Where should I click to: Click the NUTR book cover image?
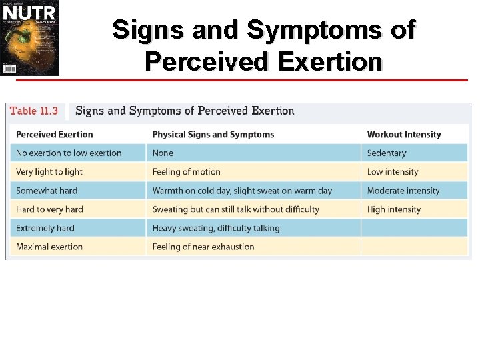pos(30,38)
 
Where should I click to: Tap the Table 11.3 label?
pos(34,111)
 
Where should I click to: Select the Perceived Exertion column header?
pos(55,134)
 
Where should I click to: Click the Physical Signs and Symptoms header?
pos(213,134)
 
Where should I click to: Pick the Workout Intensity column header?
pos(404,134)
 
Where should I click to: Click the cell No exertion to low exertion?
pos(69,153)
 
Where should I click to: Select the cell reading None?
pos(163,153)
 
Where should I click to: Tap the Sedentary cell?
pos(387,153)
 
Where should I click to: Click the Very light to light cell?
pos(49,171)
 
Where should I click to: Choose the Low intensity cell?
pos(393,171)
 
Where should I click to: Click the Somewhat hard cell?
pos(47,191)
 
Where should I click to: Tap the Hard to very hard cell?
pos(50,209)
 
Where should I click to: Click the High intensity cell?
pos(394,209)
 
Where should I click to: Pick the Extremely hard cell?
pos(45,228)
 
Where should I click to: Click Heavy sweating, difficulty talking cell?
pos(216,228)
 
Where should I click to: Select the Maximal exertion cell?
pos(49,247)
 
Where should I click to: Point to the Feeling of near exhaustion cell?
pos(203,247)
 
